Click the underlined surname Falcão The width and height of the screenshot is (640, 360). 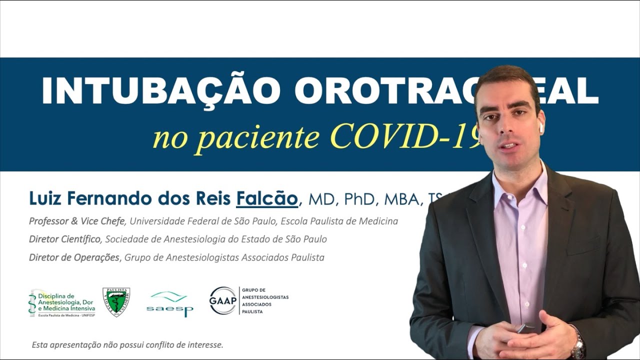pyautogui.click(x=267, y=198)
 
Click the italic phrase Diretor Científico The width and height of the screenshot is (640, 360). pyautogui.click(x=64, y=239)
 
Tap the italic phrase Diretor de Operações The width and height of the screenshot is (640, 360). pyautogui.click(x=74, y=257)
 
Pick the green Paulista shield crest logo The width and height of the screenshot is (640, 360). pyautogui.click(x=116, y=301)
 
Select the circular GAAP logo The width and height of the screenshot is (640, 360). pyautogui.click(x=222, y=300)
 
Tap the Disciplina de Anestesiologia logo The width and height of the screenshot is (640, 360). pyautogui.click(x=62, y=303)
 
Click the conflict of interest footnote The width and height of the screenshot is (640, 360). pyautogui.click(x=127, y=345)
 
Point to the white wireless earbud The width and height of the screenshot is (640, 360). pyautogui.click(x=540, y=128)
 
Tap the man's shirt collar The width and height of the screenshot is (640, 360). pyautogui.click(x=520, y=182)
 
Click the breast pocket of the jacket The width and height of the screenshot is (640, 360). pyautogui.click(x=582, y=245)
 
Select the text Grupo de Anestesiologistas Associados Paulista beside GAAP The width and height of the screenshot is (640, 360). pyautogui.click(x=264, y=300)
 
